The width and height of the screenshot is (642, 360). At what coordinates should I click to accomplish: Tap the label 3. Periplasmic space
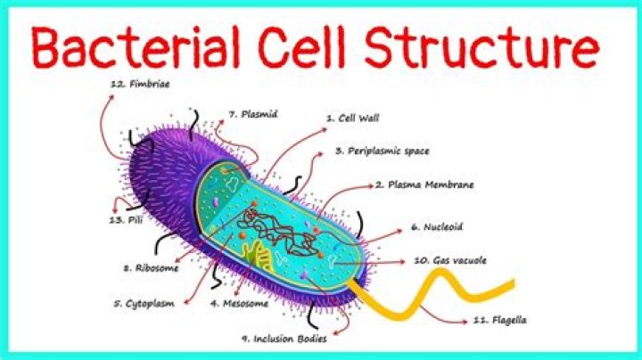pyautogui.click(x=382, y=151)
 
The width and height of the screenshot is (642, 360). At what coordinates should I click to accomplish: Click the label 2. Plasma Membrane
pyautogui.click(x=424, y=185)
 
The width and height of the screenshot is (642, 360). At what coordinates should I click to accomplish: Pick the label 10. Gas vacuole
pyautogui.click(x=450, y=261)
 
